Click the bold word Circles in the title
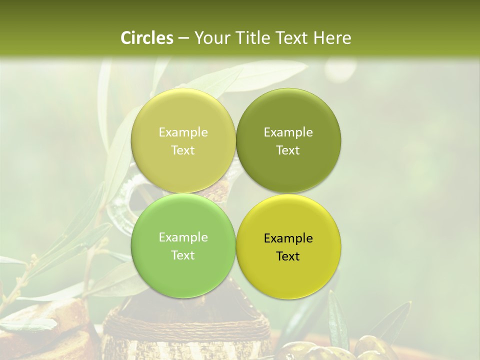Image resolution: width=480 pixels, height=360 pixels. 147,38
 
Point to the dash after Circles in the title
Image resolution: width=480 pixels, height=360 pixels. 183,38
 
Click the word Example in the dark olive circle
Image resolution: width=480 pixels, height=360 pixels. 288,132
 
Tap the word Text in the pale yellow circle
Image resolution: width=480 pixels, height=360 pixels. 183,150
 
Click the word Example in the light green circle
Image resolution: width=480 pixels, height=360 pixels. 183,237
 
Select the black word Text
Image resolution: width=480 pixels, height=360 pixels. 288,256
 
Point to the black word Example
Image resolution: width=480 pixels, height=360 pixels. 288,238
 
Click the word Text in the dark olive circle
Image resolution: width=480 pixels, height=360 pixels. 288,150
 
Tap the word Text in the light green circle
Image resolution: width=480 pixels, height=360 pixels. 183,255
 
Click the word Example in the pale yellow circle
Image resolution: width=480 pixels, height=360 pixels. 183,132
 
